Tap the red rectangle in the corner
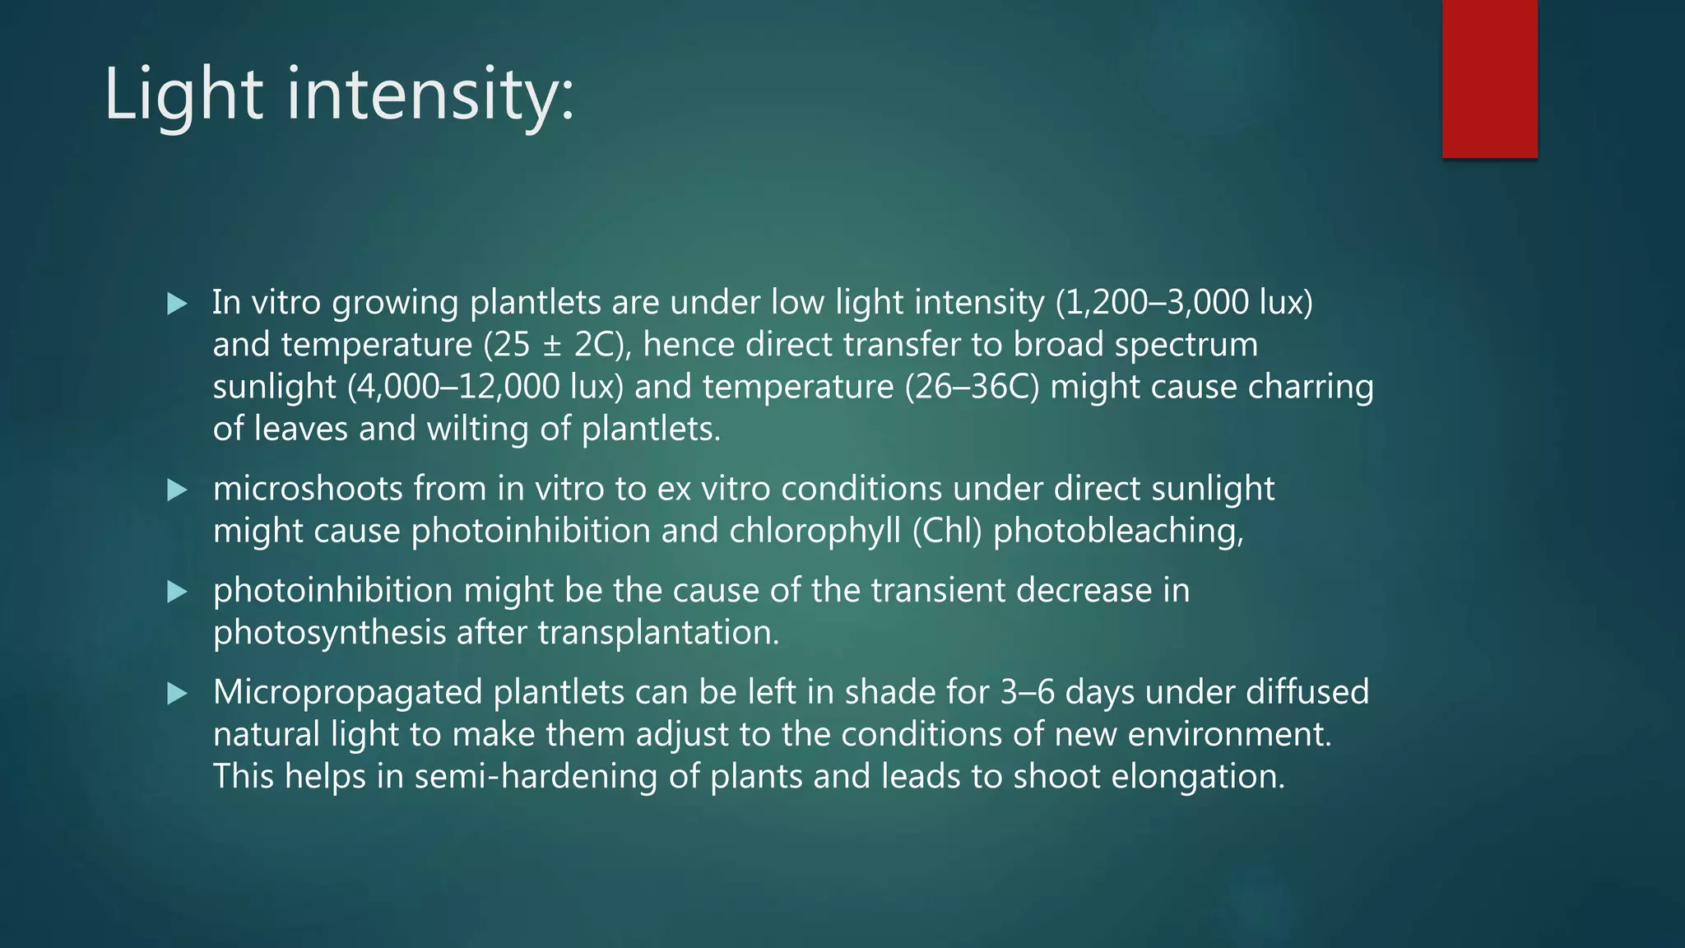click(1489, 78)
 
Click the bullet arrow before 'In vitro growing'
click(177, 304)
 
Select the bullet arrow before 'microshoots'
click(177, 490)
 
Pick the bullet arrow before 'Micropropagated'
click(177, 694)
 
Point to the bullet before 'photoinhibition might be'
click(177, 592)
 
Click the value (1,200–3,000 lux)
click(1184, 303)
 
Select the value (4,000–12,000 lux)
click(485, 387)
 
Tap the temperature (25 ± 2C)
click(557, 345)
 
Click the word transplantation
click(657, 633)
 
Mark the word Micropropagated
click(347, 693)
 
